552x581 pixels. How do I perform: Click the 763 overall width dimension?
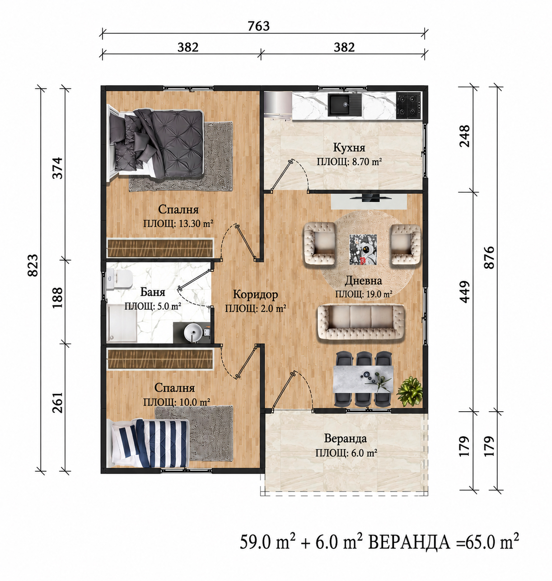click(x=258, y=26)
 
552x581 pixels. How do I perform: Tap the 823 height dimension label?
click(x=33, y=265)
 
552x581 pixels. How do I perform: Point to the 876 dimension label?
click(x=489, y=257)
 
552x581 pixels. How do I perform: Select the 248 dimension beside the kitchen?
click(x=464, y=136)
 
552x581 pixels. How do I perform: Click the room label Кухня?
click(x=349, y=147)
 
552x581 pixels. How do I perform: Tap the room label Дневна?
click(x=363, y=280)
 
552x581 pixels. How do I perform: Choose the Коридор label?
click(x=255, y=294)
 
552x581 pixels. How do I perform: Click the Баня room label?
click(x=152, y=292)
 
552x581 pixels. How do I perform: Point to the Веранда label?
click(x=345, y=438)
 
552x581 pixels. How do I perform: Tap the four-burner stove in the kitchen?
click(x=408, y=105)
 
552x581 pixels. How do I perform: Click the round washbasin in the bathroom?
click(x=192, y=332)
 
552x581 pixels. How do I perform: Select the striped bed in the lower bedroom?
click(x=150, y=442)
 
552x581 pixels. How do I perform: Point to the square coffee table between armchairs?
click(x=363, y=249)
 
